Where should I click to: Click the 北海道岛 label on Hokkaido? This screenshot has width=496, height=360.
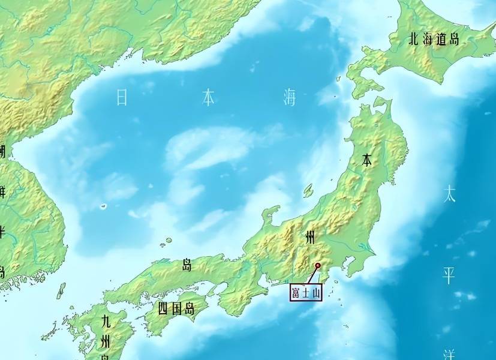434,40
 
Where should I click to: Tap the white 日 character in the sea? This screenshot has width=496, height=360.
122,97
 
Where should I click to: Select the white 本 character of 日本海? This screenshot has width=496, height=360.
208,97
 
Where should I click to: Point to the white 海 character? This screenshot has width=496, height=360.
290,97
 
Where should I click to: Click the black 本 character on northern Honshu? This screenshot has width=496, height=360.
367,160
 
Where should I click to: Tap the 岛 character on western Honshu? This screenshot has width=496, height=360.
187,265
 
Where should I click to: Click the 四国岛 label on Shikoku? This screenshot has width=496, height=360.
176,310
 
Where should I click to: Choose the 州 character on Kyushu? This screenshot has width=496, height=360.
106,343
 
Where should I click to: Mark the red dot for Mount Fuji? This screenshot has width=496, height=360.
318,265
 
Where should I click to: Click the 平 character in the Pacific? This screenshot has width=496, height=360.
449,275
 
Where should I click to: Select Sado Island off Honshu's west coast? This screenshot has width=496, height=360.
308,190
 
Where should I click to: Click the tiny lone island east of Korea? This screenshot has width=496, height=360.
103,206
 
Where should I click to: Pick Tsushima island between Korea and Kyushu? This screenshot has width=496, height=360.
61,291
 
